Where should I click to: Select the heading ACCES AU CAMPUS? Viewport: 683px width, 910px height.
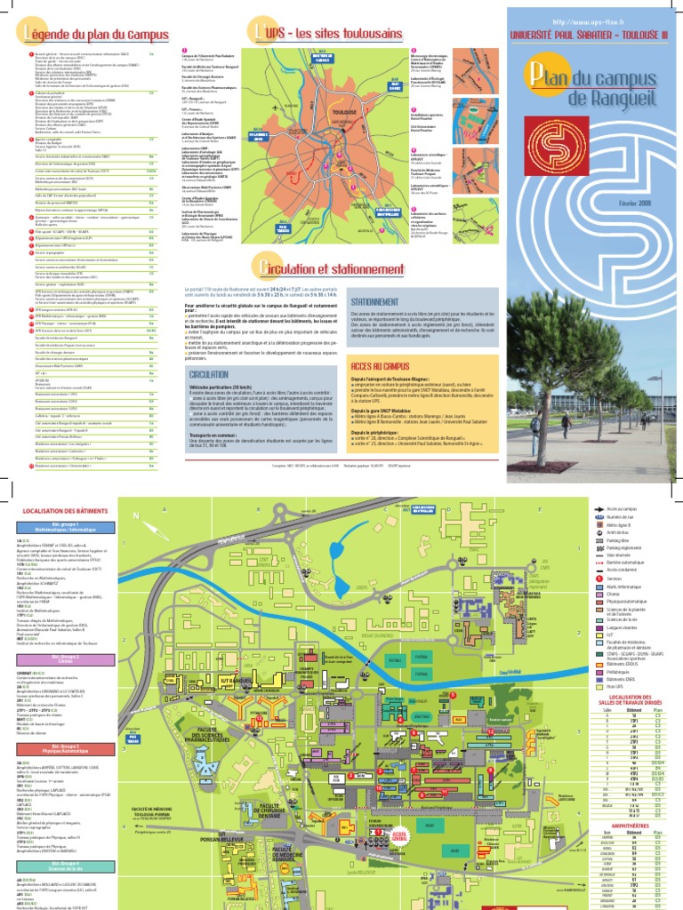pyautogui.click(x=378, y=366)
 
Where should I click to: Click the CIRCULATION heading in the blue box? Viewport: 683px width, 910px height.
pyautogui.click(x=209, y=375)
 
